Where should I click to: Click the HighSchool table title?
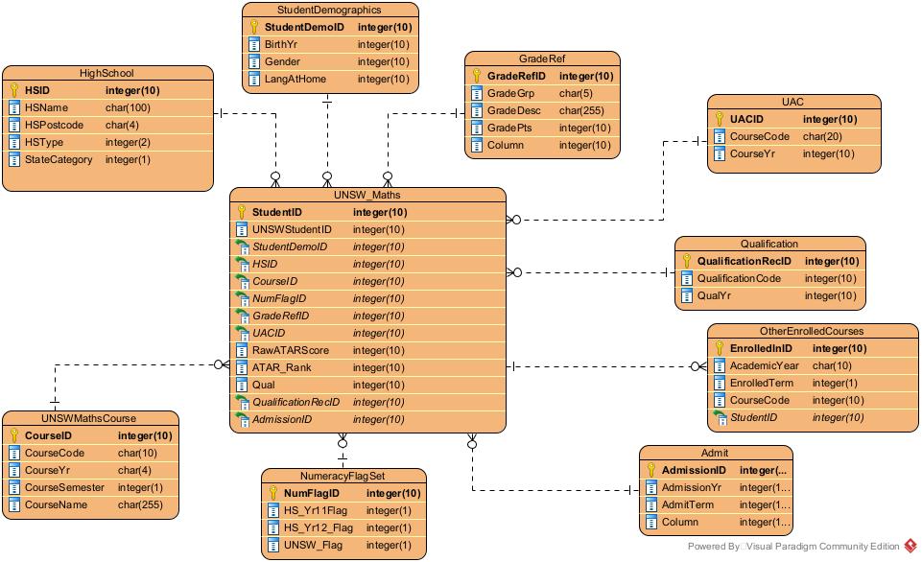106,73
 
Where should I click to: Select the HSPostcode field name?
54,126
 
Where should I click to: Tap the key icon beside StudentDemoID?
254,28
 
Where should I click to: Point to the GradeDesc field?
513,111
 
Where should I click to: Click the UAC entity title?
793,102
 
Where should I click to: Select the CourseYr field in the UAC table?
753,154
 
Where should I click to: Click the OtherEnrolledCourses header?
813,331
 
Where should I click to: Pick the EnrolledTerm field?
761,384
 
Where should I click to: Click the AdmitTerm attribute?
688,505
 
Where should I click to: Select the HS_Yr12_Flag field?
318,528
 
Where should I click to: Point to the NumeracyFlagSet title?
343,476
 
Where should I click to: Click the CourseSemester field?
65,488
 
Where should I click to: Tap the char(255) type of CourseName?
139,505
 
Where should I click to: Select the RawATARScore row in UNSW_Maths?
290,350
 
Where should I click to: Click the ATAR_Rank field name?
281,367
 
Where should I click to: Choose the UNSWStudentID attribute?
292,230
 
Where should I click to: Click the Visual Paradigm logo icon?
910,547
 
